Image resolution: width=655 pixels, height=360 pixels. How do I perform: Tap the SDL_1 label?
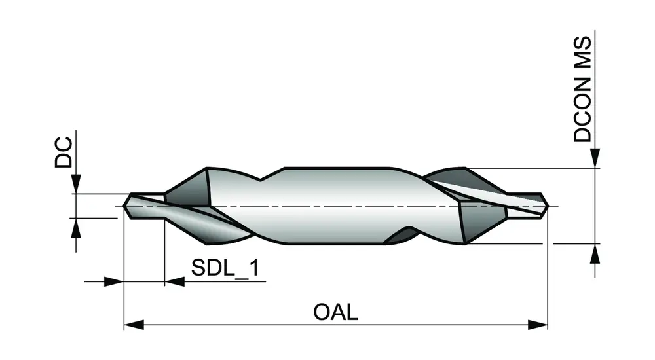224,269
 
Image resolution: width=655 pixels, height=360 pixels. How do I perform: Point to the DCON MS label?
582,90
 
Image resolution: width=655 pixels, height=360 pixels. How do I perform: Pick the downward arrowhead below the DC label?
77,185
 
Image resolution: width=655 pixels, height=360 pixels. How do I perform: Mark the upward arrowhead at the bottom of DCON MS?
595,253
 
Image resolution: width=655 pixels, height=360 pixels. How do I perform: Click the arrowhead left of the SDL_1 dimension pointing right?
114,281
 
